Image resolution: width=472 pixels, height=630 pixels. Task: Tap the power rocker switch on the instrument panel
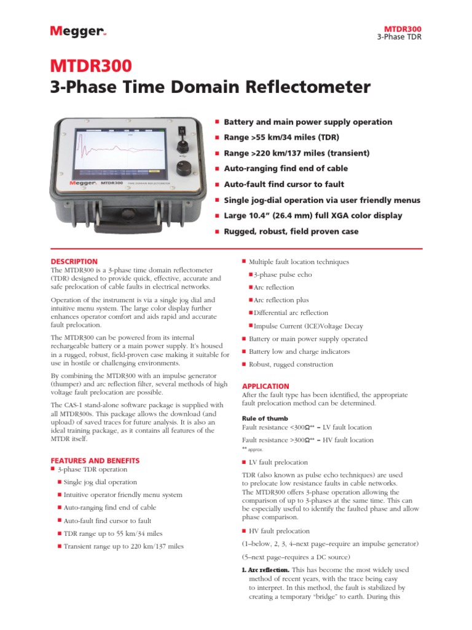(x=181, y=130)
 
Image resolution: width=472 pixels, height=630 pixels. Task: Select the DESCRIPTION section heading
(x=74, y=261)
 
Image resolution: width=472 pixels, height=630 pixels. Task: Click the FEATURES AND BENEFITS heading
(x=95, y=460)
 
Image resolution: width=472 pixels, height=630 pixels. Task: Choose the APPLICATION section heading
(x=265, y=386)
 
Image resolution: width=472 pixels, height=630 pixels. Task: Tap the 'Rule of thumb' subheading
(x=264, y=418)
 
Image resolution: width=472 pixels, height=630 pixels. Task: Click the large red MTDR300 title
(x=90, y=66)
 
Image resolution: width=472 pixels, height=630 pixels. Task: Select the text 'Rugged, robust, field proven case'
(x=291, y=232)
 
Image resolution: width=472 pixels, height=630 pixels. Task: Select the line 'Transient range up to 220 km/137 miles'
(x=124, y=546)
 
